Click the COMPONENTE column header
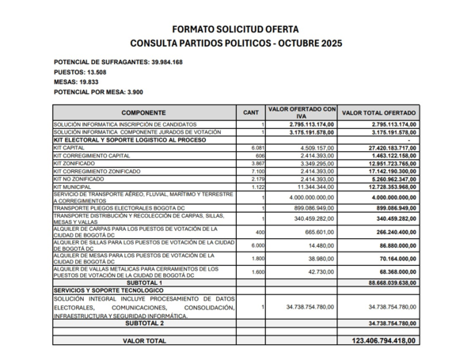[143, 113]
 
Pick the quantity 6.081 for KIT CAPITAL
[257, 147]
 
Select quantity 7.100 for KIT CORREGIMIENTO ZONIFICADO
[257, 170]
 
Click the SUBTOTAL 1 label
[143, 282]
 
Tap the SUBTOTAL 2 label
[143, 323]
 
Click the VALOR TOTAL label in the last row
[143, 340]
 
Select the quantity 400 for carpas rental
[259, 233]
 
